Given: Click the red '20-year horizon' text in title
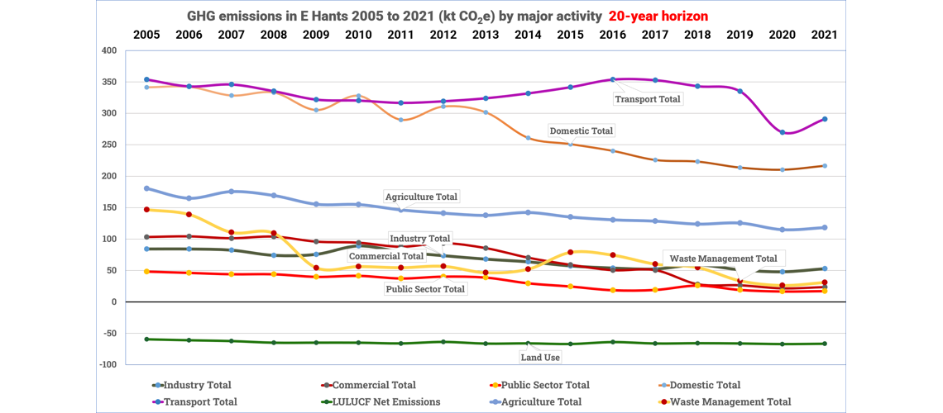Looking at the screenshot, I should pyautogui.click(x=657, y=17).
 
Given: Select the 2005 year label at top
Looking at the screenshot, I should pyautogui.click(x=146, y=35).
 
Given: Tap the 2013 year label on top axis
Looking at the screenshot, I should pyautogui.click(x=486, y=35).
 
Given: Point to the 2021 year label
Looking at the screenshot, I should pyautogui.click(x=824, y=35).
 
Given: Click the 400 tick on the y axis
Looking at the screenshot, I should pyautogui.click(x=108, y=50).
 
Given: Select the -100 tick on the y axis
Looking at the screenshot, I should pyautogui.click(x=106, y=364).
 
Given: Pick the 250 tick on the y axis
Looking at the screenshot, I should pyautogui.click(x=108, y=145).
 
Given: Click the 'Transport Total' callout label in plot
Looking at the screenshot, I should pyautogui.click(x=648, y=99).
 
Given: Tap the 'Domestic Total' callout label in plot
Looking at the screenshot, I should pyautogui.click(x=582, y=131).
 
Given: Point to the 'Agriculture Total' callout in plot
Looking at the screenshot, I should pyautogui.click(x=421, y=197).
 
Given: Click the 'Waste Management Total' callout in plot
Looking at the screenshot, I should pyautogui.click(x=723, y=259).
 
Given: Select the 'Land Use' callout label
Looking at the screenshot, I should pyautogui.click(x=540, y=357).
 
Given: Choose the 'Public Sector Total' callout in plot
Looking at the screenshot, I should pyautogui.click(x=425, y=289).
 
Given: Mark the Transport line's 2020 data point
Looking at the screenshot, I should pyautogui.click(x=783, y=132).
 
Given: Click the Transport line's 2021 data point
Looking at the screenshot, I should pyautogui.click(x=824, y=119).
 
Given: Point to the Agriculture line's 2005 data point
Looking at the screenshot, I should pyautogui.click(x=146, y=188).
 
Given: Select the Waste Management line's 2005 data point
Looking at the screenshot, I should pyautogui.click(x=146, y=210).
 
